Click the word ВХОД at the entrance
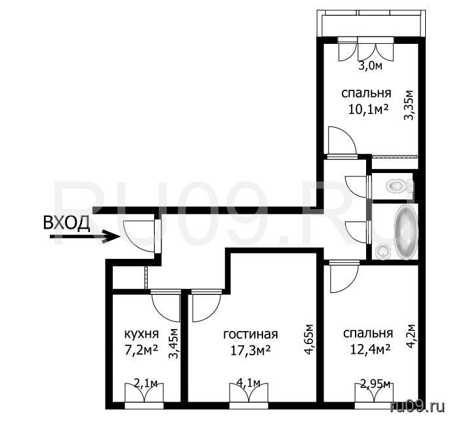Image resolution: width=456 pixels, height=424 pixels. [x=66, y=223]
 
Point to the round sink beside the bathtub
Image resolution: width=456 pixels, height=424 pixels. [x=383, y=251]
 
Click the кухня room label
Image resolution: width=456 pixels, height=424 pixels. [x=142, y=334]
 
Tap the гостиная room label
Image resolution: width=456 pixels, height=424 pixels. [x=251, y=334]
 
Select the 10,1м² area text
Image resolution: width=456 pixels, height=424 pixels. [x=368, y=110]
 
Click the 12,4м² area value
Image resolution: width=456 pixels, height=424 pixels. [x=370, y=349]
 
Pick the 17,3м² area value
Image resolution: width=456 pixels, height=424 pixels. [x=251, y=350]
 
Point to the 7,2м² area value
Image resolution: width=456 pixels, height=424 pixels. [x=141, y=350]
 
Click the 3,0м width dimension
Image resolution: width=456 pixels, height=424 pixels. [x=370, y=66]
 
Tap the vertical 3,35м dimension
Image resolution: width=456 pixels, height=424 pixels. [x=409, y=105]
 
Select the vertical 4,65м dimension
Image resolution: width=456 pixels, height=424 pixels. [x=309, y=339]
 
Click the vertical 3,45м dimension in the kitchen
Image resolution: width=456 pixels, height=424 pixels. [x=174, y=344]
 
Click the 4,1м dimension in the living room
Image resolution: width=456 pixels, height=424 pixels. [x=248, y=383]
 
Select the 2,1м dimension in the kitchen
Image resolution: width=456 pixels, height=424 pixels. [x=146, y=384]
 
